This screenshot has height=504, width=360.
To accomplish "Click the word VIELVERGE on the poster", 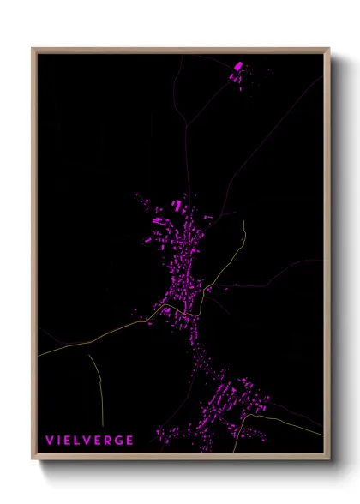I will [90, 441].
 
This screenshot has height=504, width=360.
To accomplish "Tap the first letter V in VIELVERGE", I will [50, 441].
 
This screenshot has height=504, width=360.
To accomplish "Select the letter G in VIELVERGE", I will [117, 441].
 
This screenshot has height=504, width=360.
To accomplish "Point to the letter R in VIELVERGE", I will [106, 441].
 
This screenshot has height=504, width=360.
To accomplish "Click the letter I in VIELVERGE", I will [58, 441].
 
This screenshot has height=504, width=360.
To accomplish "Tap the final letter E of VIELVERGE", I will [129, 441].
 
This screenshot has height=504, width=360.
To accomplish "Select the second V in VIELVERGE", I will [85, 441].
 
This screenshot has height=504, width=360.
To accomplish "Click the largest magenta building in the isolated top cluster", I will [238, 65].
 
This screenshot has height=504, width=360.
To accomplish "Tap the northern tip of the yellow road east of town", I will [244, 222].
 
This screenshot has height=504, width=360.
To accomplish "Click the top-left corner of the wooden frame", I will [33, 50].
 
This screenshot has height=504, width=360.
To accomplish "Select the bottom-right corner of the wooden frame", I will [328, 459].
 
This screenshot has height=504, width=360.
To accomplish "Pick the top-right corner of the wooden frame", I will [328, 50].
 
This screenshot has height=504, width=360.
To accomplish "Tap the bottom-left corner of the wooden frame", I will [33, 459].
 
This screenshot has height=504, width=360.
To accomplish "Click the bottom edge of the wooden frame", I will [180, 458].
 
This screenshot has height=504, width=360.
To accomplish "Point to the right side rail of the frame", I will [327, 257].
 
